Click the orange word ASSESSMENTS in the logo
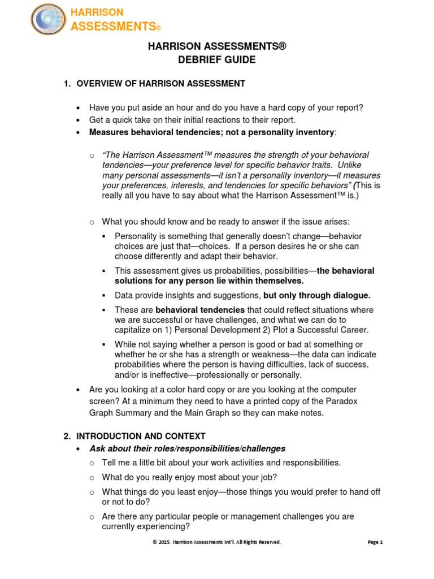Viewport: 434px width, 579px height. pos(112,26)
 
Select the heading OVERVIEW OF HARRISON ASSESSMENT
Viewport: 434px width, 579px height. pos(160,84)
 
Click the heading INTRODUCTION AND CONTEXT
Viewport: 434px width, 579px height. pos(141,436)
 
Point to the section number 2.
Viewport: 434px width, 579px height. pos(66,436)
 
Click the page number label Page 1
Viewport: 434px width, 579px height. pos(375,542)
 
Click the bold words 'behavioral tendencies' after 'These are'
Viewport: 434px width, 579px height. pos(200,310)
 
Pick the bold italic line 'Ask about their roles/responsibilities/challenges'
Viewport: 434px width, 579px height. pos(188,448)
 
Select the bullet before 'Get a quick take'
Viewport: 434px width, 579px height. pos(78,120)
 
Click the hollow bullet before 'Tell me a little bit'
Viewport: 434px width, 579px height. pos(92,463)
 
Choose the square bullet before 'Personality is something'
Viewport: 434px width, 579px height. pos(105,236)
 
